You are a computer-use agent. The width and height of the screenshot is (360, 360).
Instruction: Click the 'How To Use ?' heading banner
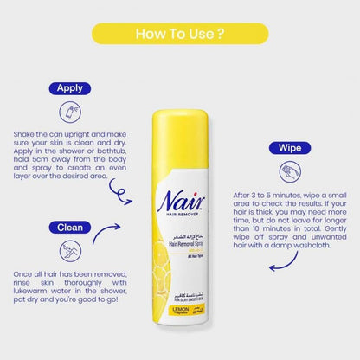180,35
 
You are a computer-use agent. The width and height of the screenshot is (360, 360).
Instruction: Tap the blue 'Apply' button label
69,88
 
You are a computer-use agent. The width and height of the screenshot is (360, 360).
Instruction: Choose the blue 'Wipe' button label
288,148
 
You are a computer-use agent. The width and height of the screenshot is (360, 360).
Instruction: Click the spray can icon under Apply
69,112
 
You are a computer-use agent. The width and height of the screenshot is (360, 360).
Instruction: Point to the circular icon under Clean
69,251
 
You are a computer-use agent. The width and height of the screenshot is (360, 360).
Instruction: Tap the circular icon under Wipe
289,171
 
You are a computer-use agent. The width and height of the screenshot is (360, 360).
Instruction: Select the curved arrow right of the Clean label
106,232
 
